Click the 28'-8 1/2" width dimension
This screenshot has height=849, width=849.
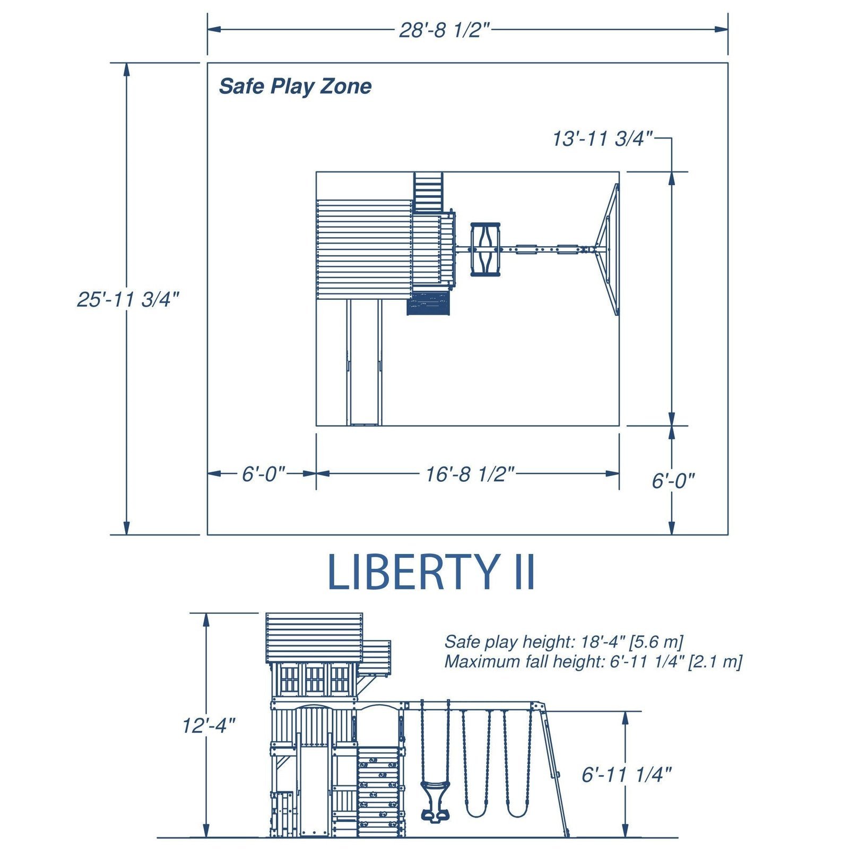click(x=444, y=31)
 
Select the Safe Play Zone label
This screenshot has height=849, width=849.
click(x=295, y=86)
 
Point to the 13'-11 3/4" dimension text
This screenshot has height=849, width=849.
click(x=602, y=138)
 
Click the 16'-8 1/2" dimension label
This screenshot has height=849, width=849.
click(x=470, y=474)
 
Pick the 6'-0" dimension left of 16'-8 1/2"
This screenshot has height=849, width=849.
click(x=264, y=474)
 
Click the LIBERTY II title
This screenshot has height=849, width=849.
click(x=431, y=572)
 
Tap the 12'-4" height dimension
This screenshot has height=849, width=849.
click(x=209, y=725)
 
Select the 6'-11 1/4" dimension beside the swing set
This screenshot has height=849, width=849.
click(x=627, y=775)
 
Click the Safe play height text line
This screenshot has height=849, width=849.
click(x=564, y=642)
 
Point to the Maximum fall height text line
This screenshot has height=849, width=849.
click(x=593, y=662)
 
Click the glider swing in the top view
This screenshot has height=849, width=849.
click(x=485, y=249)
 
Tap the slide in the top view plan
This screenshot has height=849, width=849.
click(x=364, y=362)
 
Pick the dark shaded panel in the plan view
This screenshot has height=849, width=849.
click(x=428, y=303)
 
